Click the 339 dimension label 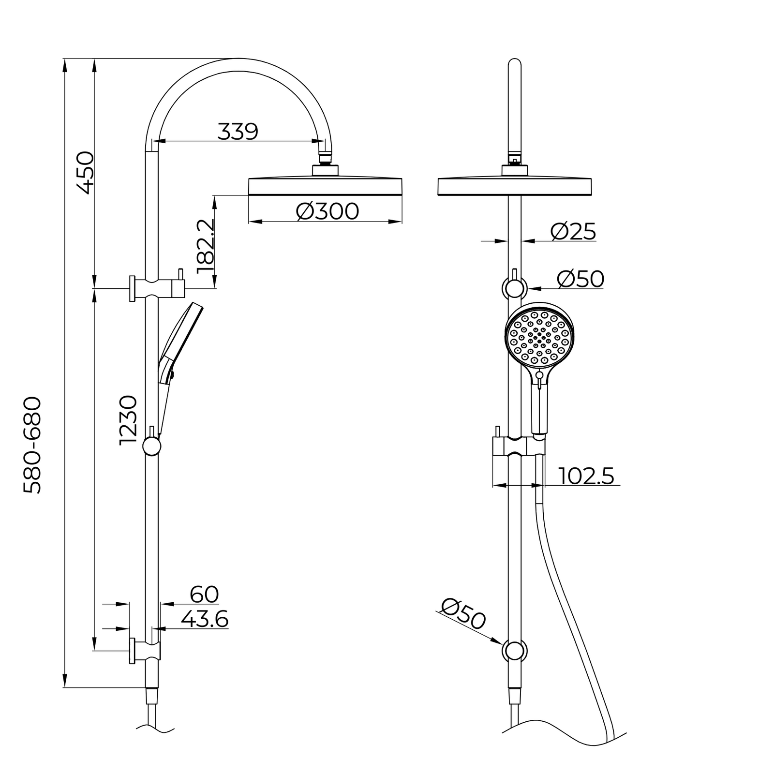click(238, 131)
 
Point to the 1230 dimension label click(128, 420)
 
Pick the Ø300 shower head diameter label click(327, 211)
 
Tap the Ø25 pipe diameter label click(573, 232)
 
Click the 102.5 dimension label click(587, 476)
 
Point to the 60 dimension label click(204, 595)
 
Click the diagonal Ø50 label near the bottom click(463, 613)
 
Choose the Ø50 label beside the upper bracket click(580, 279)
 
